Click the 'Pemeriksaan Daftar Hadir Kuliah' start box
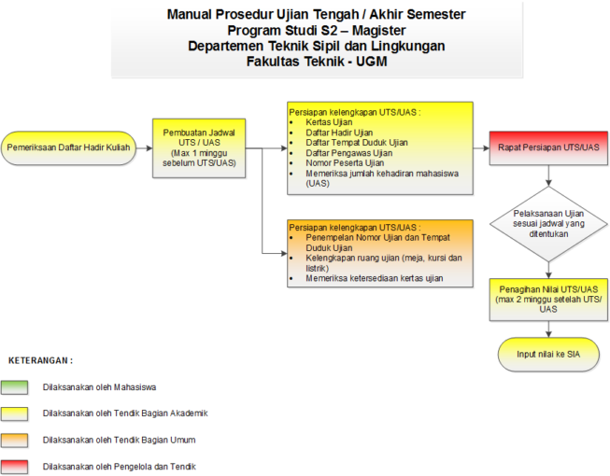tap(67, 147)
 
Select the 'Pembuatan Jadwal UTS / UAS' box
tap(199, 147)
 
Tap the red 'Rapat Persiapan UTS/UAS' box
tap(546, 147)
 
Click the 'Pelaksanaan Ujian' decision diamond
tap(547, 222)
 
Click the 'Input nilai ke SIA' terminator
tap(547, 355)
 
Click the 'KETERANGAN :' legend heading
tap(41, 360)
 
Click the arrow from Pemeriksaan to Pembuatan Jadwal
tap(142, 147)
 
